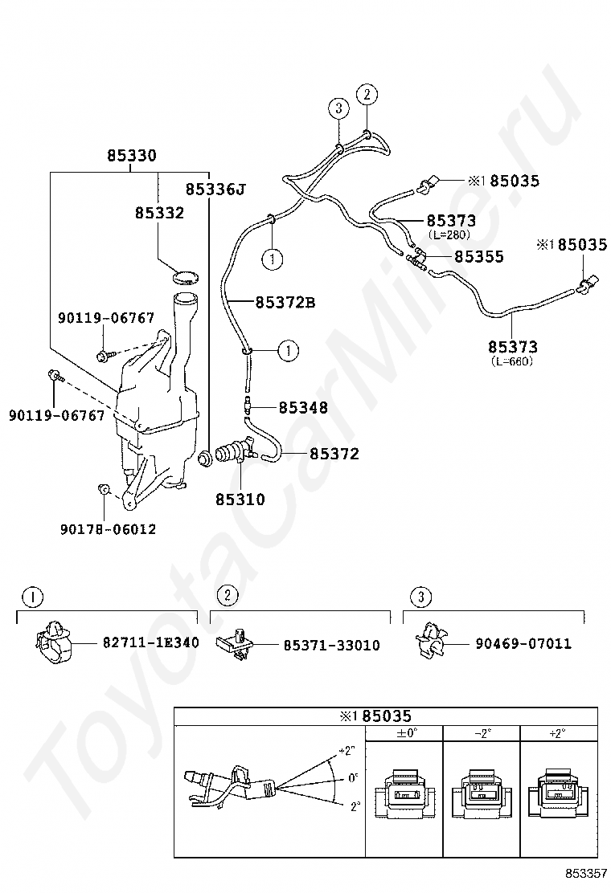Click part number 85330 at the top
[132, 156]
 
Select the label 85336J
[215, 190]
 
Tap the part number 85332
[159, 213]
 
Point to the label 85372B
[285, 303]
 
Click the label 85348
[303, 408]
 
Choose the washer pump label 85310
[240, 500]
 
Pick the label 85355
[479, 257]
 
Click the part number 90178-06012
[108, 529]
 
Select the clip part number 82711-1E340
[150, 643]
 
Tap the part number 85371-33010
[331, 645]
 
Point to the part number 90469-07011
[523, 643]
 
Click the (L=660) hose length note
[512, 361]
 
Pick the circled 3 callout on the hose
[338, 108]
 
